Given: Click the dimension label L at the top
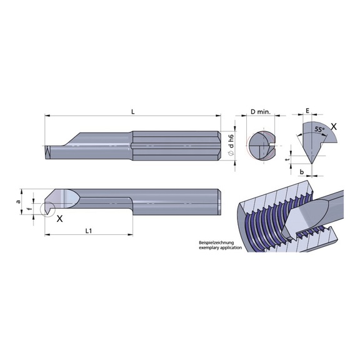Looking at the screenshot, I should tap(133, 111).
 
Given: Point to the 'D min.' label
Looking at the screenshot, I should tap(260, 111).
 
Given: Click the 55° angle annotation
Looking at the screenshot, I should tap(319, 129).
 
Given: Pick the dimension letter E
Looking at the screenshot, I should tap(308, 111).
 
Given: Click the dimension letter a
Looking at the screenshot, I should tap(18, 201).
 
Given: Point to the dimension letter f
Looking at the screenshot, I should tap(29, 209).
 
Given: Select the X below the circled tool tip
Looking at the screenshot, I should tap(59, 219).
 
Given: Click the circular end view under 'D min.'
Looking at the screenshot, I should tap(261, 146).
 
